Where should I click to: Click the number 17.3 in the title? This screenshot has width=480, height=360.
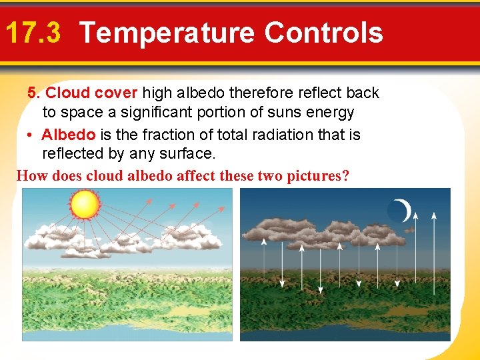(33, 32)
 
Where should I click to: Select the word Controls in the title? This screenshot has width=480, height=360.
(323, 32)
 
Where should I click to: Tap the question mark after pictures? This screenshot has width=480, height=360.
(345, 176)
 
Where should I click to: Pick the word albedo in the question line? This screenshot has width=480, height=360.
(147, 176)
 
